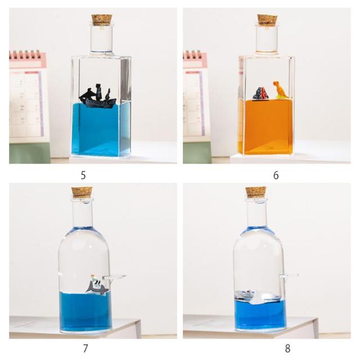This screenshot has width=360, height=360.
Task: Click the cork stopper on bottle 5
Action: coord(102,20)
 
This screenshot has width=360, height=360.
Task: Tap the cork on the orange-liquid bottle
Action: coord(267,20)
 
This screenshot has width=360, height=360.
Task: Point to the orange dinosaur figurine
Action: coord(280,90)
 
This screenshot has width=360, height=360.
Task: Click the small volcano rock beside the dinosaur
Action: coord(261,93)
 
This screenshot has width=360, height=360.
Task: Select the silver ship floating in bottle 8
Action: coord(258,298)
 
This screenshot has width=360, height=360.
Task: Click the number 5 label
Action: coord(83,175)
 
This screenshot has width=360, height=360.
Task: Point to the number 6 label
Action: coord(276,175)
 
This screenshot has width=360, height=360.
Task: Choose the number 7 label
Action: coord(85,349)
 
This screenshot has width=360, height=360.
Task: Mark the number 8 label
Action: coord(287,349)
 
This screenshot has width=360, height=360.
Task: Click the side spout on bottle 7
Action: coord(114,277)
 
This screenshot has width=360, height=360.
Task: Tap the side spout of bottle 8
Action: coord(289,276)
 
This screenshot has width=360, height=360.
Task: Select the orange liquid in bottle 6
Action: coord(265,127)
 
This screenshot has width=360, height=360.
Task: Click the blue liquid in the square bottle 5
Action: coord(101,130)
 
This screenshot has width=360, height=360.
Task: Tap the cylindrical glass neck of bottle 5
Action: coord(102,39)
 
